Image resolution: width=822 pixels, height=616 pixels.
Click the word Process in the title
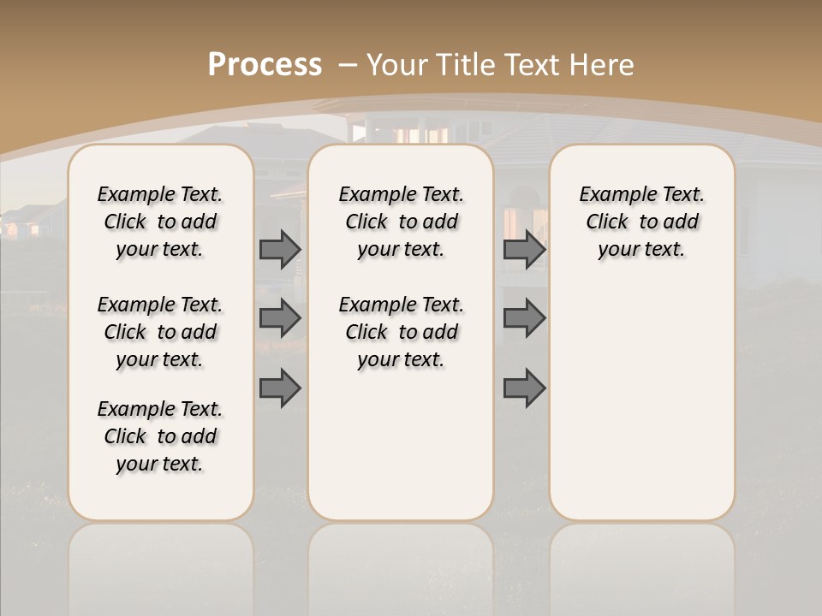coord(265,65)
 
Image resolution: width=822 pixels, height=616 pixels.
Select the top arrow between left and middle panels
coord(280,249)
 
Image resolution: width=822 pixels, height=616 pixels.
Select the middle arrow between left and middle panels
coord(280,318)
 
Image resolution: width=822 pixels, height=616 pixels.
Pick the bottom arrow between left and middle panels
coord(280,388)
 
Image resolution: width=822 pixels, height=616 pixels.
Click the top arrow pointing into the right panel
coord(524,249)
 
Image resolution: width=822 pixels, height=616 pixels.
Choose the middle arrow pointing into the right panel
coord(524,318)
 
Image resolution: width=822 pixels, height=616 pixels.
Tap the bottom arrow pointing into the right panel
coord(524,388)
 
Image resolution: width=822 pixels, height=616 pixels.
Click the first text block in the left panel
coord(160,222)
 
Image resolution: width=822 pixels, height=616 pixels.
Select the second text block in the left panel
coord(160,332)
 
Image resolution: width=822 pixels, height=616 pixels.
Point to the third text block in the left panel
coord(160,436)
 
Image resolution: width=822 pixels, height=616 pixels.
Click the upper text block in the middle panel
coord(401,222)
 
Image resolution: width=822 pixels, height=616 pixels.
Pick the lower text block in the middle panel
coord(401,332)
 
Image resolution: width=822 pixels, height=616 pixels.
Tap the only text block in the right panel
coord(641,222)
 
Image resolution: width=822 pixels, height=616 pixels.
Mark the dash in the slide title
coord(348,65)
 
